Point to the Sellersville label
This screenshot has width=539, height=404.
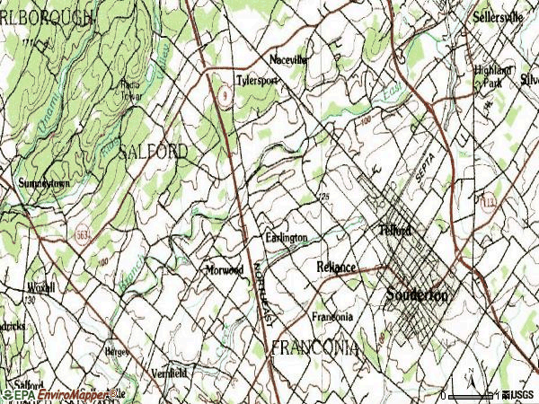[x=499, y=17]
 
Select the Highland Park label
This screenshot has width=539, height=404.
[x=493, y=75]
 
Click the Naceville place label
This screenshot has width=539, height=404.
[x=288, y=60]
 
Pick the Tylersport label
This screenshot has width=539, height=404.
[x=257, y=80]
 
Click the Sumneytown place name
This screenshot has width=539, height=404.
[x=43, y=183]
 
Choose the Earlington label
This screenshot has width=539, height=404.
[x=286, y=238]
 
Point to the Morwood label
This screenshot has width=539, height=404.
[x=224, y=269]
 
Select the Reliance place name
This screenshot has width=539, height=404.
[x=336, y=268]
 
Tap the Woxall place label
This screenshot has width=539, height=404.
[x=40, y=288]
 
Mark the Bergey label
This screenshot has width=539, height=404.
[x=118, y=350]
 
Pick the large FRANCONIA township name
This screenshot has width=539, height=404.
[x=314, y=347]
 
